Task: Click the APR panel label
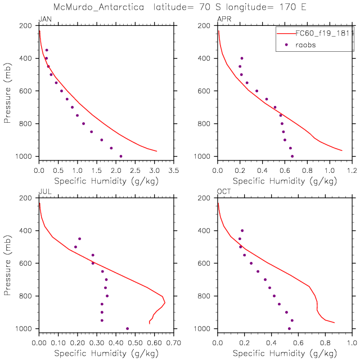[223, 20]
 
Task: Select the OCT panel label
[223, 192]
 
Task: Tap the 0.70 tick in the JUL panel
[173, 342]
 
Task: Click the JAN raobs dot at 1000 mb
[121, 156]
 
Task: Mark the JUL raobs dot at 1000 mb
[127, 328]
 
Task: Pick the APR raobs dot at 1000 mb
[292, 156]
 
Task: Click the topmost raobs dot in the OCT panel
[242, 230]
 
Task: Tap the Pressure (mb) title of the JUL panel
[8, 262]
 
